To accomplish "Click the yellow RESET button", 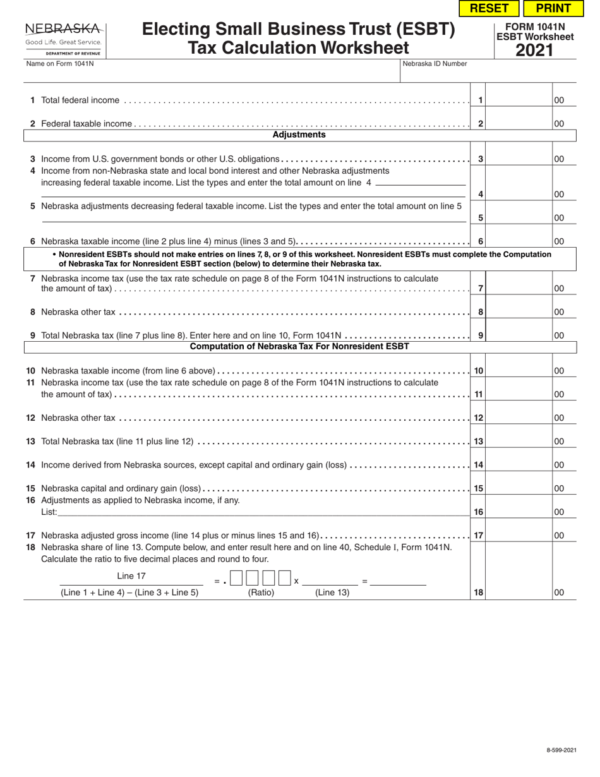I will tap(489, 8).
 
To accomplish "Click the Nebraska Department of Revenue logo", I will tap(64, 38).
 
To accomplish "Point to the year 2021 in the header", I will tap(534, 50).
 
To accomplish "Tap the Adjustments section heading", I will tap(299, 135).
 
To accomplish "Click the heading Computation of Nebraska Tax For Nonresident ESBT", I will tap(299, 347).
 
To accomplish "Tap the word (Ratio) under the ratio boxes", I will tap(261, 593).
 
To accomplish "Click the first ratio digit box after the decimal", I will tap(236, 578).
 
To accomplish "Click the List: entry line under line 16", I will tap(253, 512).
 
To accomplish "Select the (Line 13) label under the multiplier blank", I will tap(332, 593).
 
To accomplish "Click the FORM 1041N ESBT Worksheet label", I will tap(534, 32).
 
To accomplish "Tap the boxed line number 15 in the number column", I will tap(479, 488).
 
